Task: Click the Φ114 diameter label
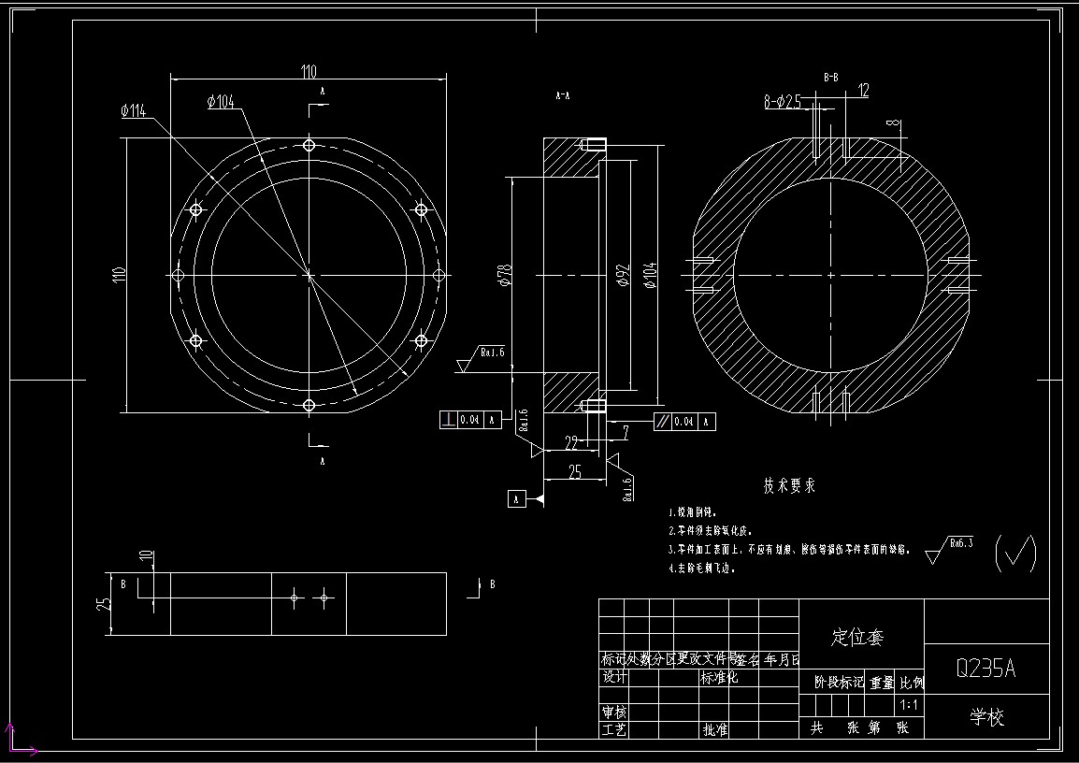tap(133, 111)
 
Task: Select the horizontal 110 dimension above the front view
tap(309, 72)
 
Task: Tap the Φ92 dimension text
tap(624, 273)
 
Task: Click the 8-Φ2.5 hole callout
tap(784, 102)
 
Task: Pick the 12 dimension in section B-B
tap(862, 91)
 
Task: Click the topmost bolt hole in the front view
tap(309, 145)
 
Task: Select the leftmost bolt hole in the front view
tap(180, 275)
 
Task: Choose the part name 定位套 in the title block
tap(857, 638)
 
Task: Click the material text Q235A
tap(985, 669)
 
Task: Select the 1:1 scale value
tap(908, 704)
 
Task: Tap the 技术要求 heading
tap(789, 486)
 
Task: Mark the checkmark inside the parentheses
tap(1015, 553)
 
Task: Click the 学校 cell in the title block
tap(985, 717)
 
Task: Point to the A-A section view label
tap(563, 95)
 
